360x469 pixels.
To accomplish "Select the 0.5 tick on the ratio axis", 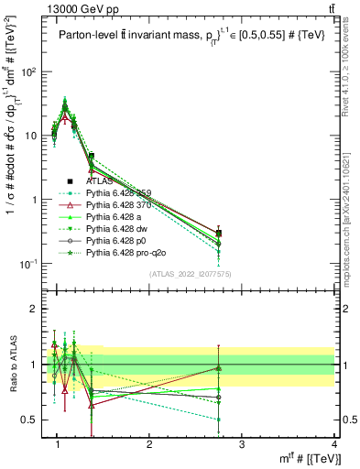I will [33, 420].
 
